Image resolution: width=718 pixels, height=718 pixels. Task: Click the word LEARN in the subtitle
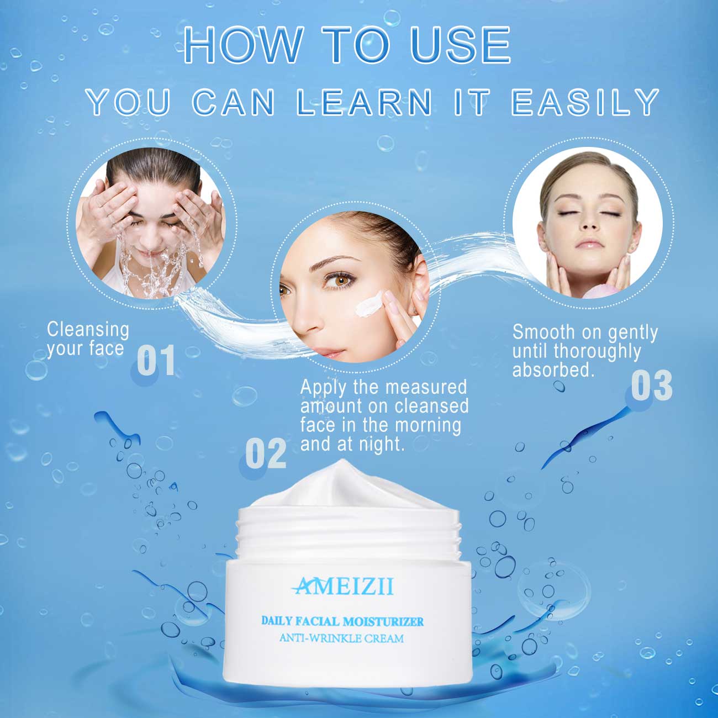tap(365, 102)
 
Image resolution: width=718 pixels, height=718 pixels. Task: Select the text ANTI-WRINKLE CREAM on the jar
tap(341, 638)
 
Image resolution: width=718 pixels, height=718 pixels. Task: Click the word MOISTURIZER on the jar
tap(383, 621)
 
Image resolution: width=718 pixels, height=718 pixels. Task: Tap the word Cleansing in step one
tap(88, 330)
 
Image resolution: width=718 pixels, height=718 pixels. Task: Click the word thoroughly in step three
tap(597, 351)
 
